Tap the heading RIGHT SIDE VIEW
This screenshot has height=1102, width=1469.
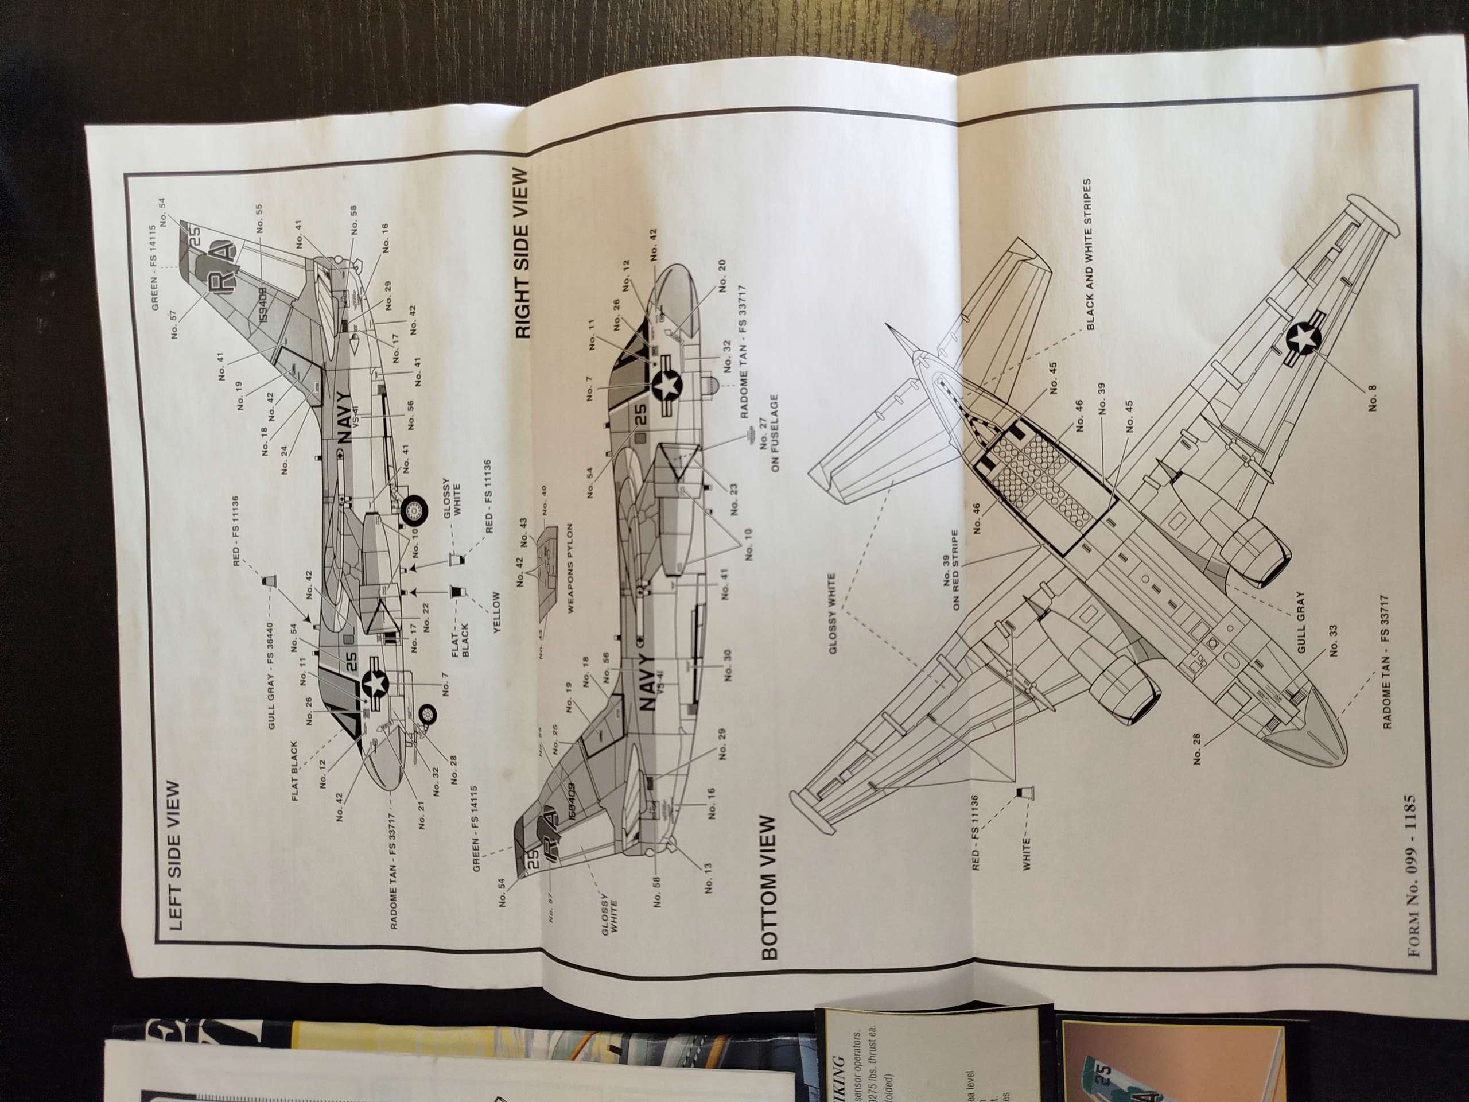click(523, 254)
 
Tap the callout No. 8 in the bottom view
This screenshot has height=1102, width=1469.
click(1372, 397)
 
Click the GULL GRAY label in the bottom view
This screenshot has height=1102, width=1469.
click(1301, 622)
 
